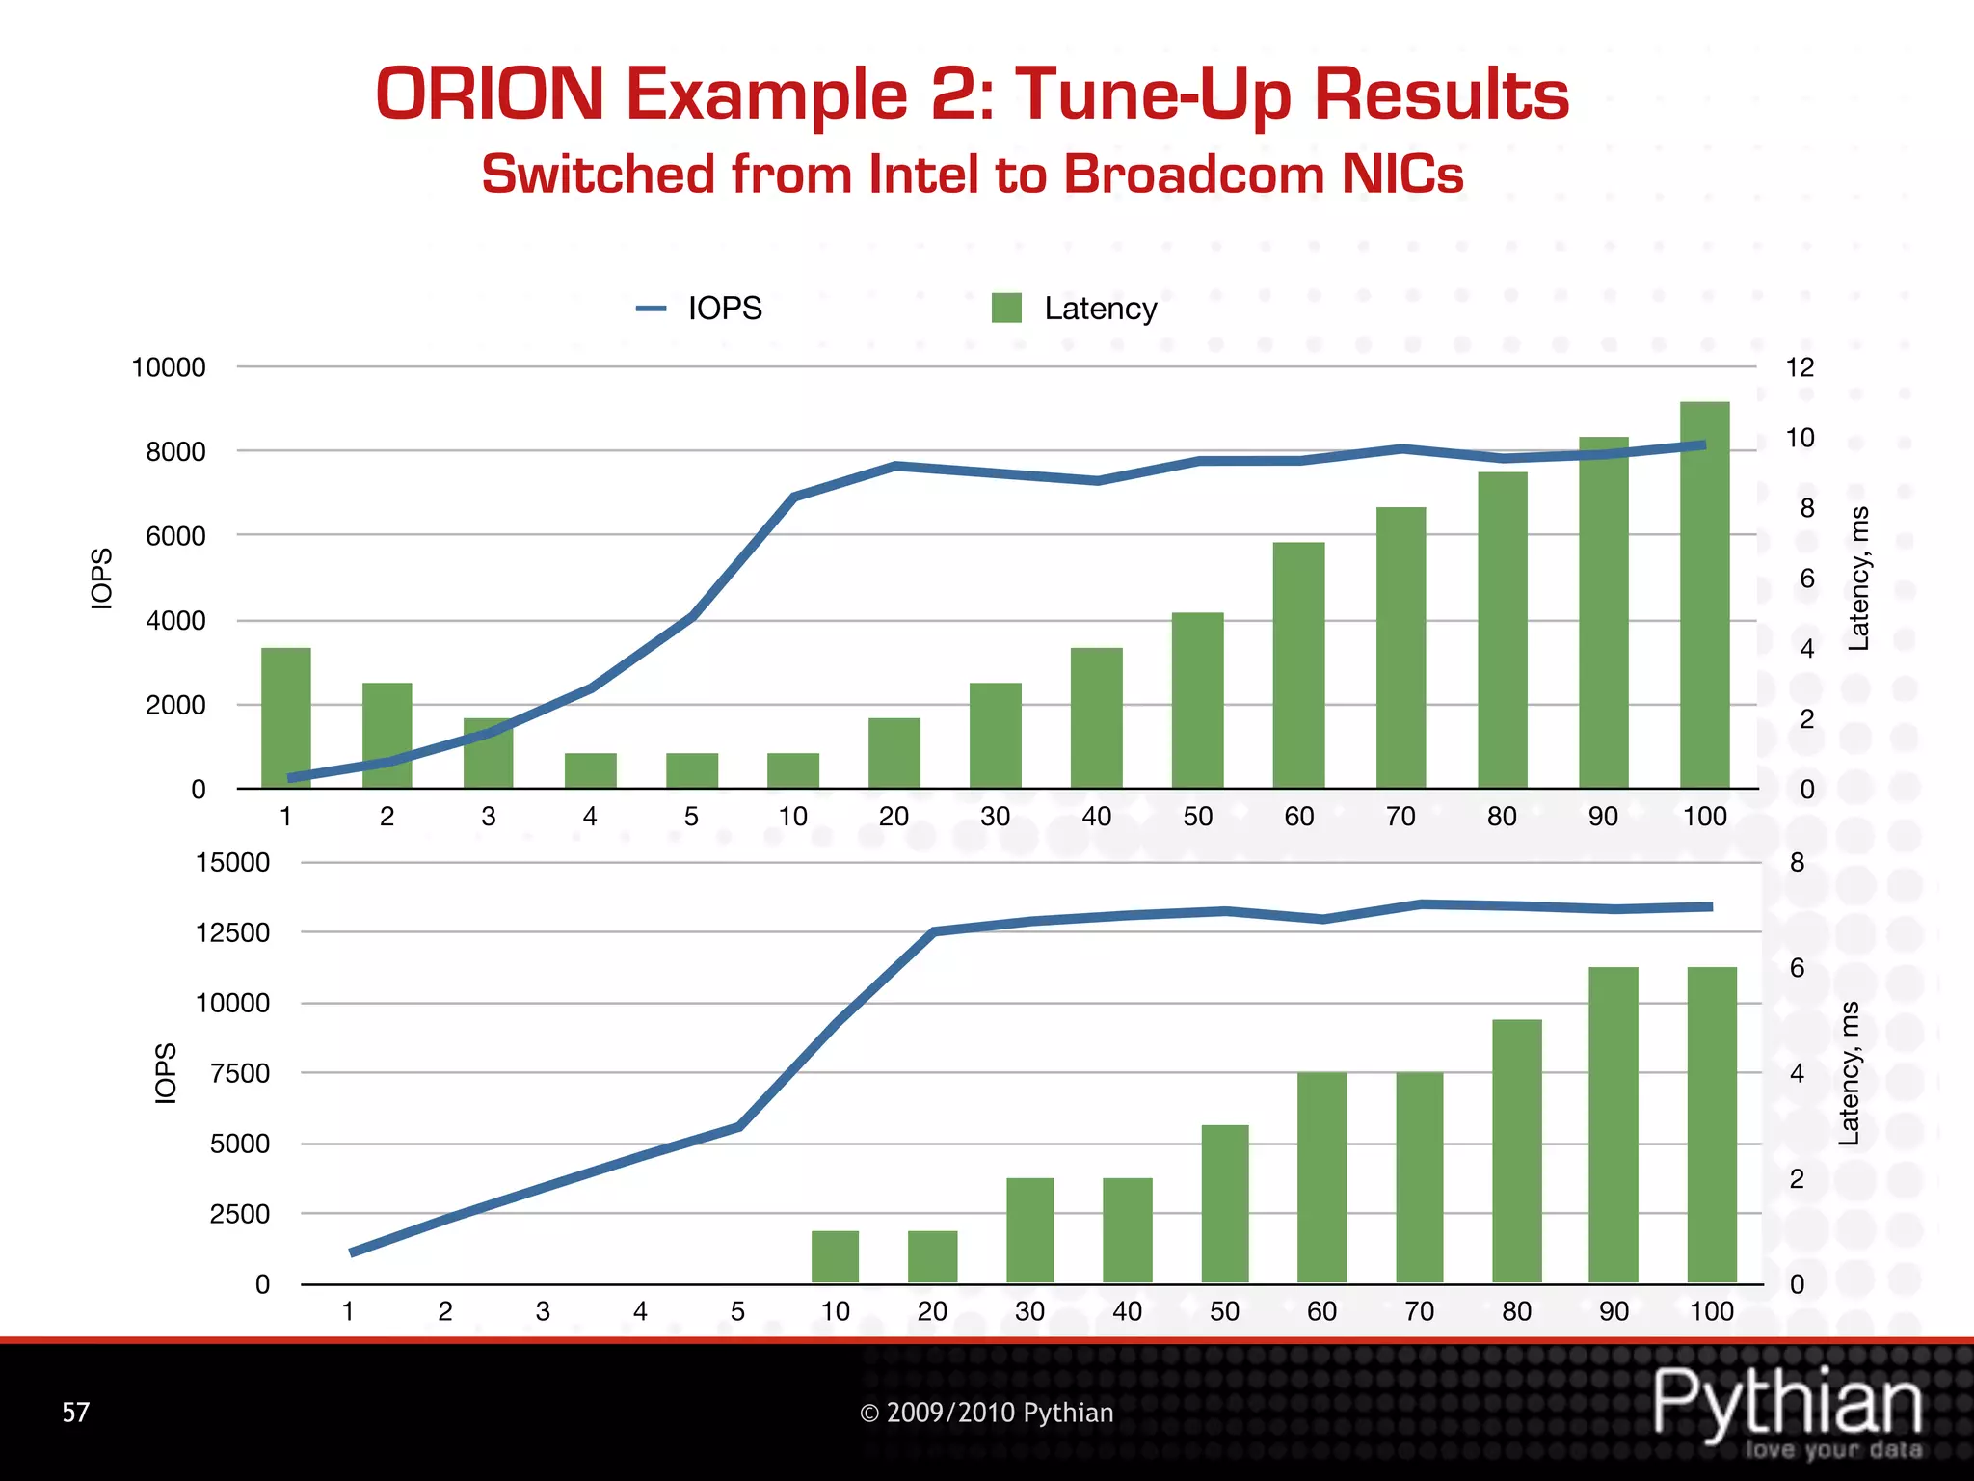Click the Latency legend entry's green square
tap(1006, 309)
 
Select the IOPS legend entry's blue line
tap(652, 309)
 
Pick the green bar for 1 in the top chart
tap(286, 717)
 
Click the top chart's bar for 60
tap(1298, 665)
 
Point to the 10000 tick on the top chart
tap(169, 367)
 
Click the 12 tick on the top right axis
tap(1800, 367)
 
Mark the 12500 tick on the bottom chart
tap(232, 932)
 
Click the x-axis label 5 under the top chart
tap(691, 817)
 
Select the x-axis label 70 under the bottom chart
tap(1419, 1311)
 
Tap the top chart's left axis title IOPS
tap(101, 579)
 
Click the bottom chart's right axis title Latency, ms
tap(1849, 1073)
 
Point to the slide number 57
tap(76, 1413)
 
